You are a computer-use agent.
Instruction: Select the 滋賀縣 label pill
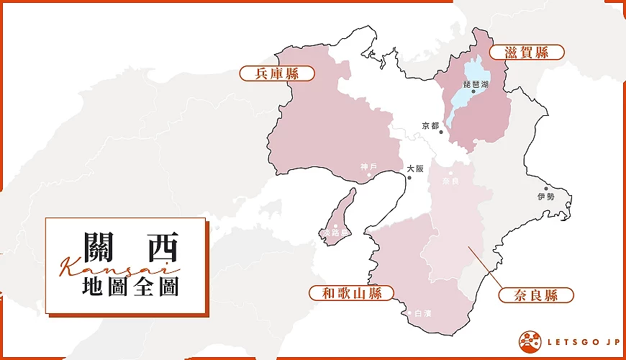tap(527, 52)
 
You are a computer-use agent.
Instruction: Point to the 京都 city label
tap(430, 127)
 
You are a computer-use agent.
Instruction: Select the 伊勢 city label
tap(546, 197)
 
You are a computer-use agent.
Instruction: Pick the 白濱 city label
tap(424, 314)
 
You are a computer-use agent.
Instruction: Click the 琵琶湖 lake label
tap(476, 84)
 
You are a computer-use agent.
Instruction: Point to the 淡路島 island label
tap(335, 234)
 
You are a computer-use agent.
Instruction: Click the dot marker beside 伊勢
tap(546, 189)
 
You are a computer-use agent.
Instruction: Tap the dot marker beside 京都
tap(441, 132)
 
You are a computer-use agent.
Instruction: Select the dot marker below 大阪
tap(409, 177)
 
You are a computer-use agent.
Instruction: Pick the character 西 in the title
tap(160, 247)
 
